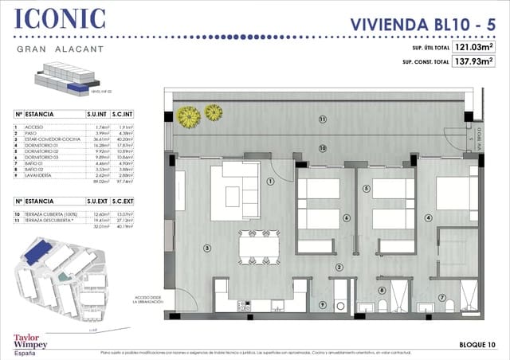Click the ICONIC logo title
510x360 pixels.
click(x=61, y=19)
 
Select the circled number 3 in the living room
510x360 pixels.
click(x=206, y=248)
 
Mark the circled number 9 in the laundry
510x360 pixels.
click(x=323, y=304)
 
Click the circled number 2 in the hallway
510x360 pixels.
click(x=339, y=268)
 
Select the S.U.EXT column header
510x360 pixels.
click(x=95, y=202)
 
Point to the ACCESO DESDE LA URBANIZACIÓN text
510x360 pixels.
click(x=148, y=297)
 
